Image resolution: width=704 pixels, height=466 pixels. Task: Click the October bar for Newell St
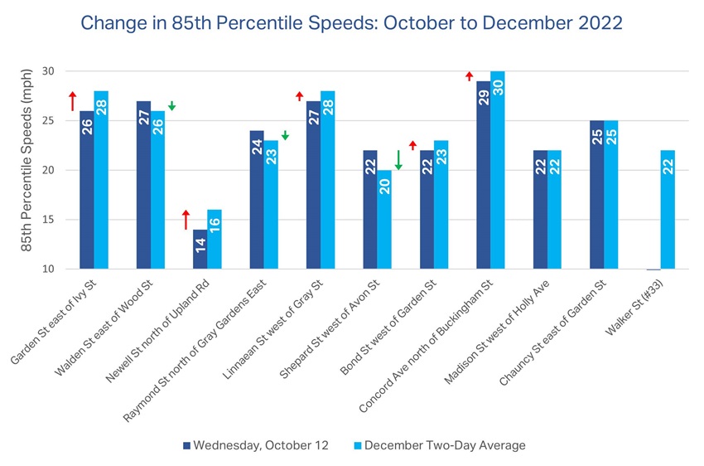(200, 249)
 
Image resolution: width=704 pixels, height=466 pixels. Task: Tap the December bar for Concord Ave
(498, 170)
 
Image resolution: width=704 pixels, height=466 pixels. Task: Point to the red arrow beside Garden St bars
(72, 100)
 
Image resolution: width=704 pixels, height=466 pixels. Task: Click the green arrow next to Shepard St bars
(398, 160)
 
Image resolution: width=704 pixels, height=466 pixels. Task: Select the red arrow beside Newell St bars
(186, 219)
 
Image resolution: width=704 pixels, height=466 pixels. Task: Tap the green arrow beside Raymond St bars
(285, 135)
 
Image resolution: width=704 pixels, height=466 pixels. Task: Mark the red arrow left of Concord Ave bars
(469, 76)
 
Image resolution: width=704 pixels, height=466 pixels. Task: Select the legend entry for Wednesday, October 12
(254, 445)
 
